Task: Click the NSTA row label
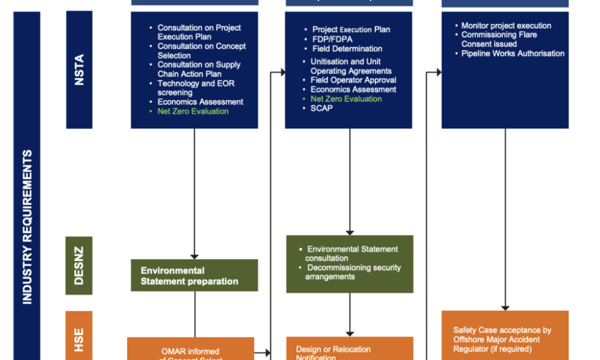click(x=79, y=70)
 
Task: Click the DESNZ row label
click(x=79, y=265)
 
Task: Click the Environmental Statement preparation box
click(x=194, y=275)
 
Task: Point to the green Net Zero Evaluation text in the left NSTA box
click(x=193, y=111)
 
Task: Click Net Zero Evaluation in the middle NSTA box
click(x=346, y=99)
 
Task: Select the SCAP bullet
click(x=322, y=108)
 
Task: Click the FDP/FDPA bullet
click(x=332, y=39)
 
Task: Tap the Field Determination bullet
click(x=347, y=49)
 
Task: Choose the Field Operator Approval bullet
click(x=353, y=80)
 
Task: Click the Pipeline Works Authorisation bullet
click(x=512, y=53)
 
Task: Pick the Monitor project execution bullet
click(x=506, y=26)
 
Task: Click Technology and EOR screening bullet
click(x=198, y=88)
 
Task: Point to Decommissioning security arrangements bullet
click(x=352, y=272)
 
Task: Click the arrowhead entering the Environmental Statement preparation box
click(x=194, y=256)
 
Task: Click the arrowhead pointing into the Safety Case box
click(x=505, y=307)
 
